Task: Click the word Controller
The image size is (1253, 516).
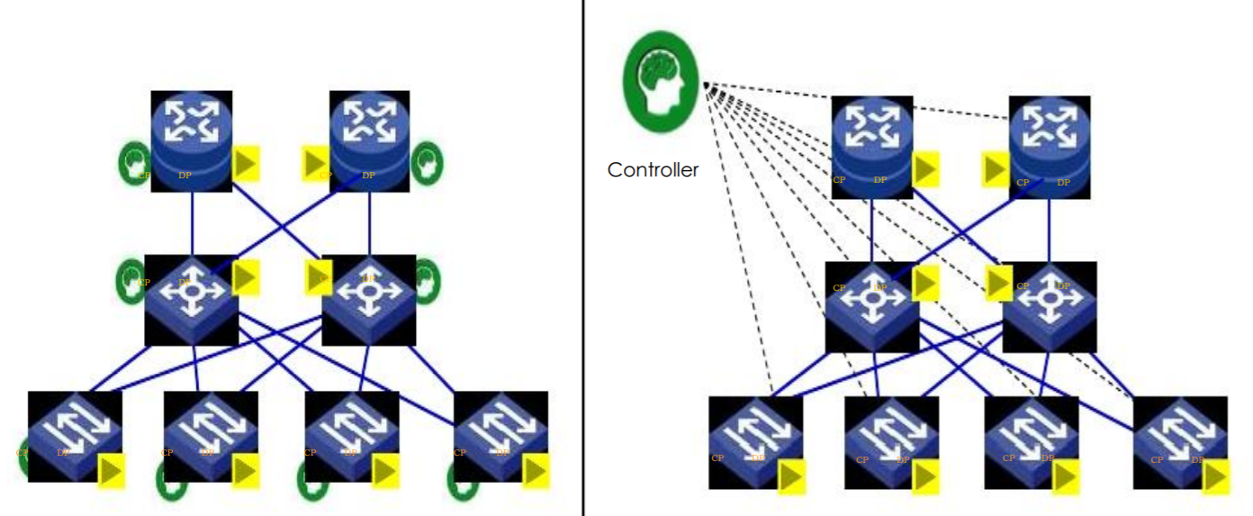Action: tap(653, 169)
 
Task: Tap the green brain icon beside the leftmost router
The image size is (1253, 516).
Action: tap(134, 163)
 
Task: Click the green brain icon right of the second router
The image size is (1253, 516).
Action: tap(427, 163)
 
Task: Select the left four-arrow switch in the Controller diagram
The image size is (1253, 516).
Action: tap(871, 306)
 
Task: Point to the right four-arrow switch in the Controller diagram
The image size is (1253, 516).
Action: tap(1050, 306)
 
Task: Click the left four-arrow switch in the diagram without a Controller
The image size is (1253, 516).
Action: tap(191, 300)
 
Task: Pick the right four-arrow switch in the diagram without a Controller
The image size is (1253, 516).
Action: tap(369, 300)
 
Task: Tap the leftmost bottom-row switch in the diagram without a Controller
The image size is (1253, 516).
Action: tap(75, 436)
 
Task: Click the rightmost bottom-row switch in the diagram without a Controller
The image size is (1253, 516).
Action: tap(500, 436)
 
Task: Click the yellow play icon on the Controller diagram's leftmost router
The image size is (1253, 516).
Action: tap(926, 169)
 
